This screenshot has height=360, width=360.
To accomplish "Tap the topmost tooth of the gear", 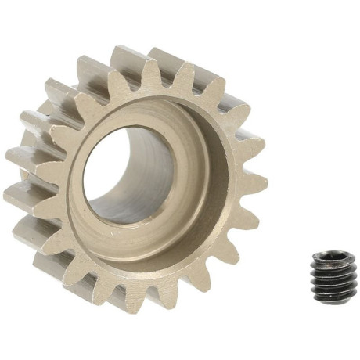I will click(129, 59).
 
